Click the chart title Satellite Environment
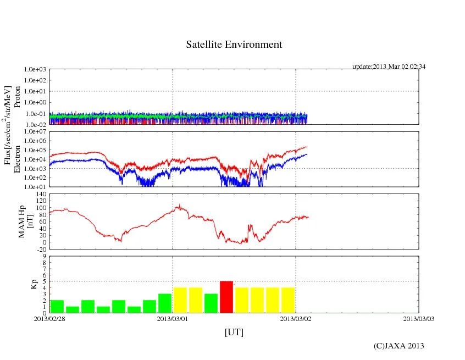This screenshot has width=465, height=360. pyautogui.click(x=234, y=45)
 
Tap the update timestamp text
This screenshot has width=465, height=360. pyautogui.click(x=389, y=67)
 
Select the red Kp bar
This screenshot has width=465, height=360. pyautogui.click(x=226, y=297)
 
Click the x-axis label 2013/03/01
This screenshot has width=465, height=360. pyautogui.click(x=173, y=318)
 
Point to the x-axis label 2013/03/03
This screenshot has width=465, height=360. pyautogui.click(x=419, y=318)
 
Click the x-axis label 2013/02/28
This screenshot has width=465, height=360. pyautogui.click(x=49, y=318)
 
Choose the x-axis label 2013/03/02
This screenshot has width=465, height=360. pyautogui.click(x=296, y=318)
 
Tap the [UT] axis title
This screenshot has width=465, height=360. pyautogui.click(x=234, y=333)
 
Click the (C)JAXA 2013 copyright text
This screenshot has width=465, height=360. pyautogui.click(x=399, y=346)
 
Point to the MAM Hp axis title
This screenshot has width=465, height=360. pyautogui.click(x=26, y=221)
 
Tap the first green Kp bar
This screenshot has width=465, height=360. pyautogui.click(x=57, y=306)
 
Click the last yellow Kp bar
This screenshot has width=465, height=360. pyautogui.click(x=288, y=300)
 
